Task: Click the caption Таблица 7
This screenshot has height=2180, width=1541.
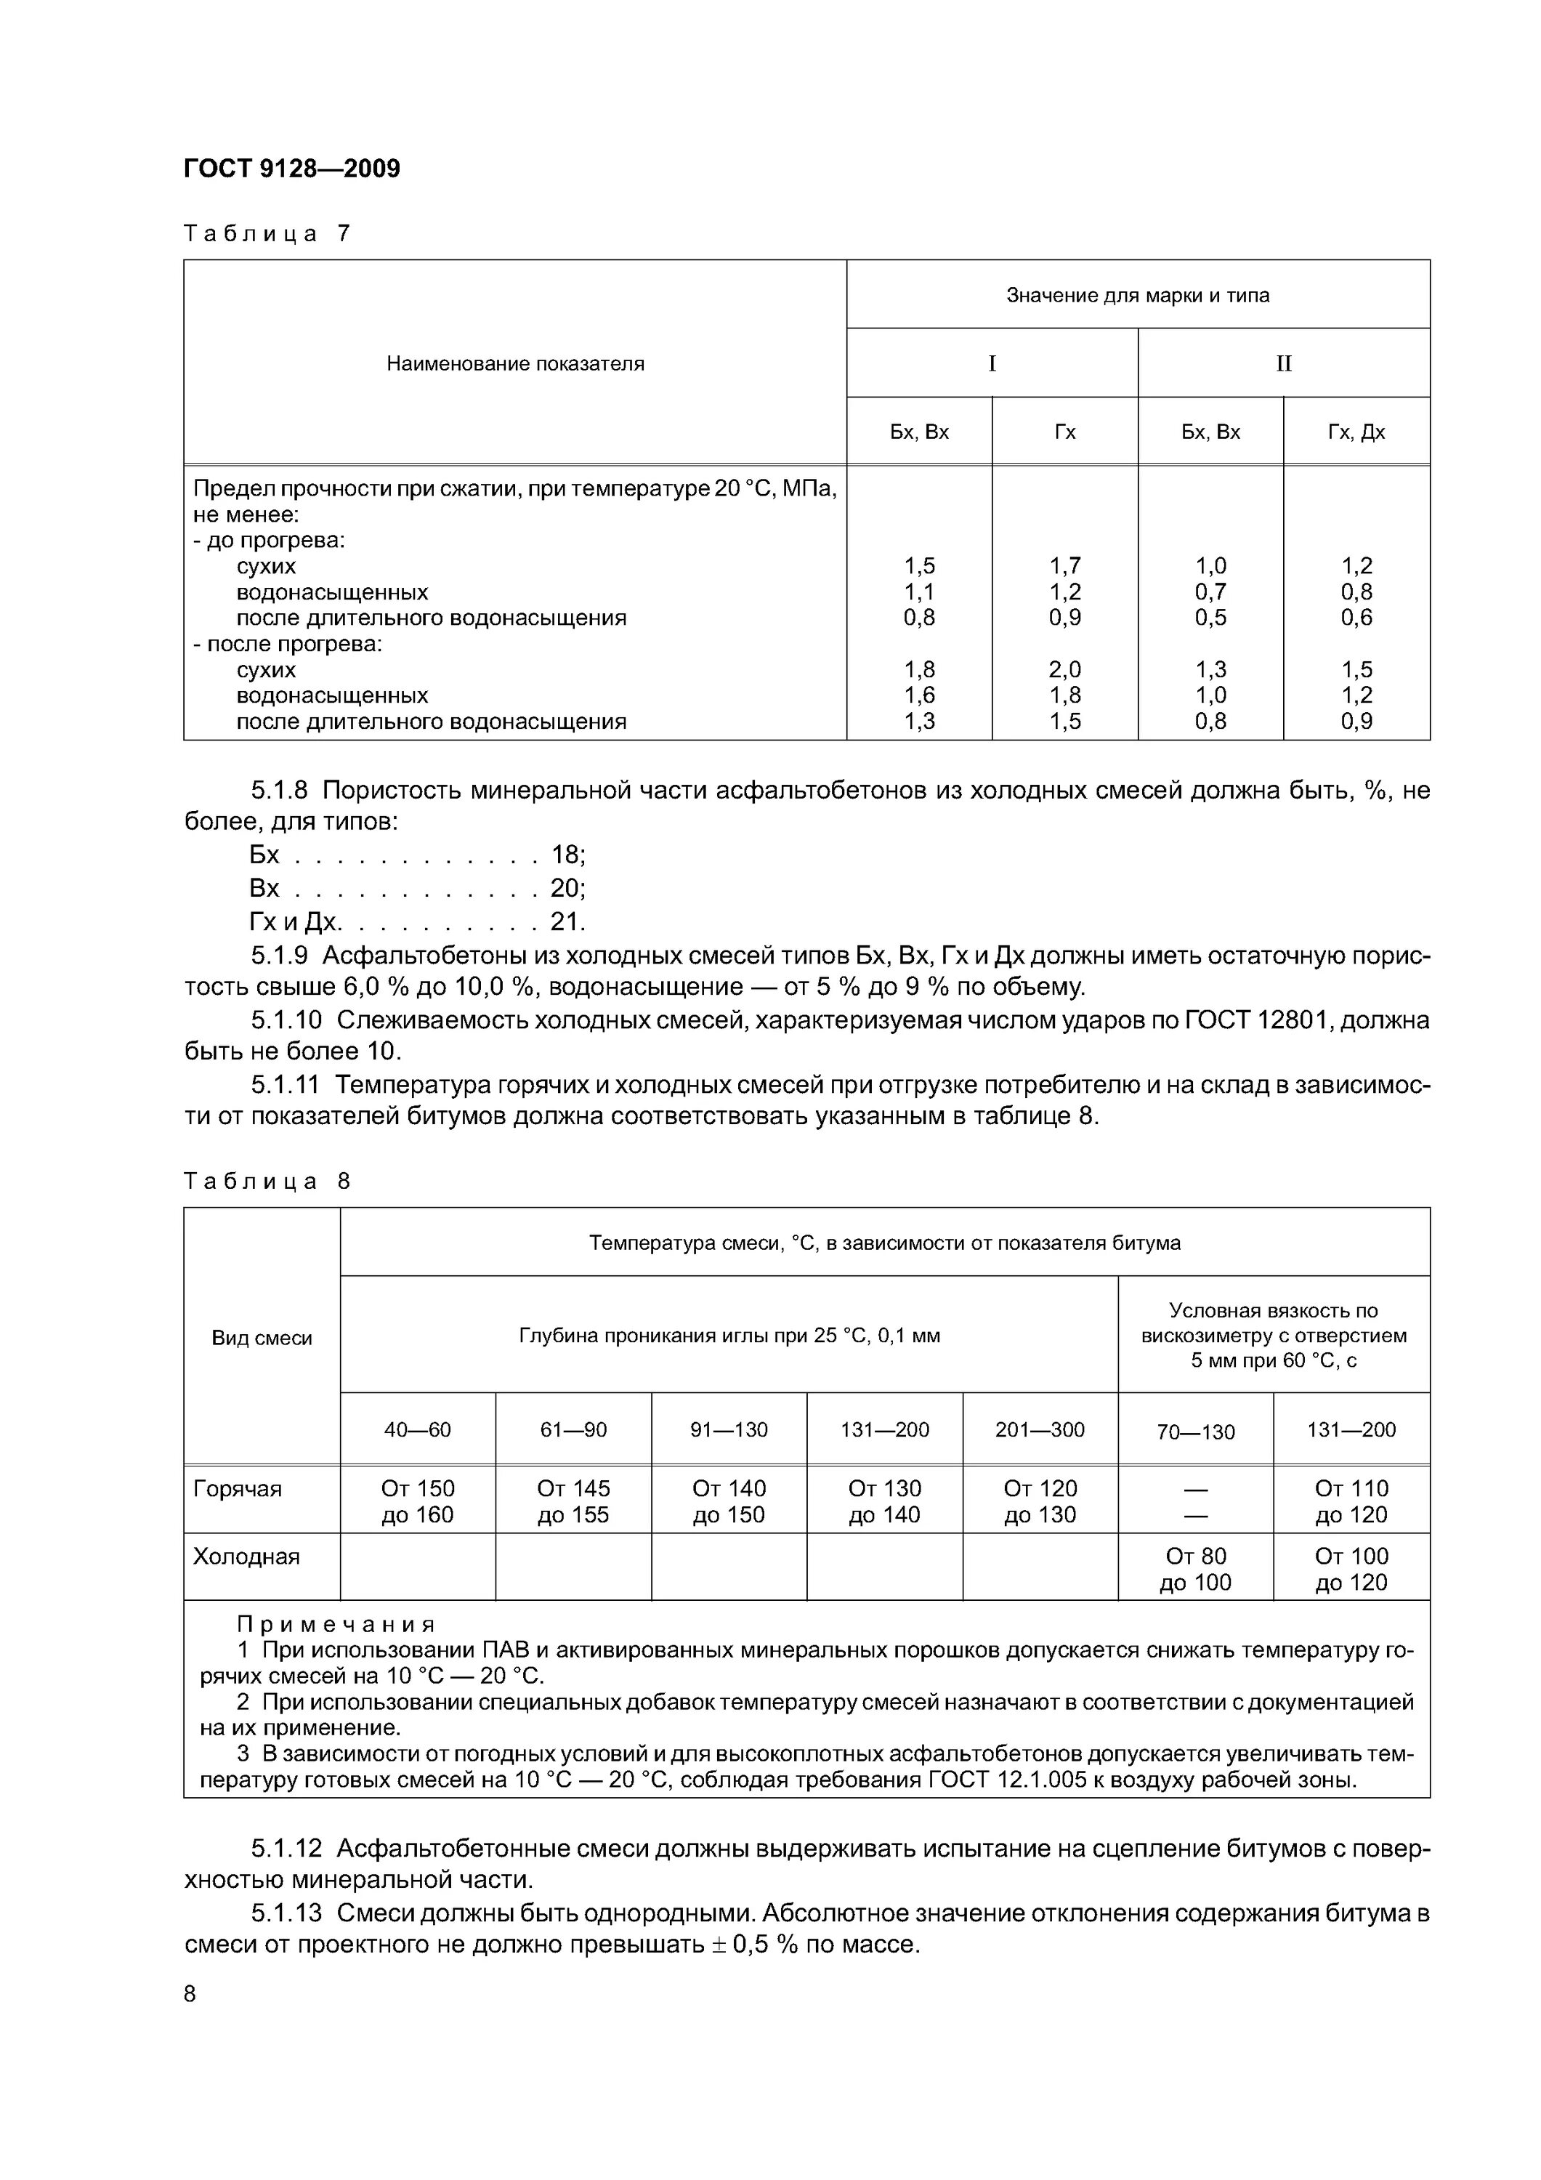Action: point(267,233)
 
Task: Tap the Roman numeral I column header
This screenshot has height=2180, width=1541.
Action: point(992,363)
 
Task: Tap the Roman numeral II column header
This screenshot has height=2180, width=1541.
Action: point(1284,363)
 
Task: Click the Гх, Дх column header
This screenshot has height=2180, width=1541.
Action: point(1356,432)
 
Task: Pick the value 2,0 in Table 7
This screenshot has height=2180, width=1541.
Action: point(1064,669)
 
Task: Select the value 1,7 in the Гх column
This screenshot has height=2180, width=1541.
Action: point(1064,566)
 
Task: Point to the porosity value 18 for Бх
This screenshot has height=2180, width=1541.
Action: point(566,855)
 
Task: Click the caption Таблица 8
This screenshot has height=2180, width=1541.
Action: point(267,1181)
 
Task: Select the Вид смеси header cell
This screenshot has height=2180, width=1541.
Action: point(262,1338)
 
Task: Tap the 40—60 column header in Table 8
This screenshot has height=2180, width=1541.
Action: point(418,1430)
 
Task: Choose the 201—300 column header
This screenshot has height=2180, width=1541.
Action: point(1040,1430)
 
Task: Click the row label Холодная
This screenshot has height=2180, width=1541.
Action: point(247,1557)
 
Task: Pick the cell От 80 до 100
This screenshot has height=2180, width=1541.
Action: point(1195,1570)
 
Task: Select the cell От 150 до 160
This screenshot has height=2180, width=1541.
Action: point(418,1502)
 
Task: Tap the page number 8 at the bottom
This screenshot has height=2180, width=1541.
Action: point(190,1994)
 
